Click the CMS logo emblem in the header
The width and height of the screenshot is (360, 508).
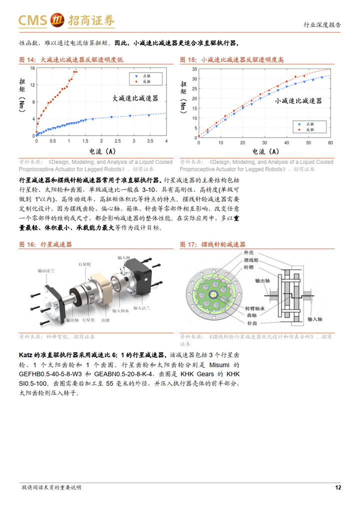click(57, 20)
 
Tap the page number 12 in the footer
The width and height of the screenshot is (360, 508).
click(338, 488)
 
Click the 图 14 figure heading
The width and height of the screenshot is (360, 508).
click(71, 59)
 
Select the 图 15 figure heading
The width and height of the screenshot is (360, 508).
click(231, 59)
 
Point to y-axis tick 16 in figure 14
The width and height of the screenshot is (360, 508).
click(32, 68)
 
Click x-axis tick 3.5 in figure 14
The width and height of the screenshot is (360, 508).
click(150, 141)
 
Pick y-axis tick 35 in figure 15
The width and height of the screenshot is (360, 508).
click(194, 69)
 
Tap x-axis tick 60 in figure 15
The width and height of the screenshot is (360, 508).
click(330, 143)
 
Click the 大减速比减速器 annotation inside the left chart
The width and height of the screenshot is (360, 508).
click(135, 98)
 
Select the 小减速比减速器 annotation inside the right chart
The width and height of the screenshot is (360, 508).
click(298, 101)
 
